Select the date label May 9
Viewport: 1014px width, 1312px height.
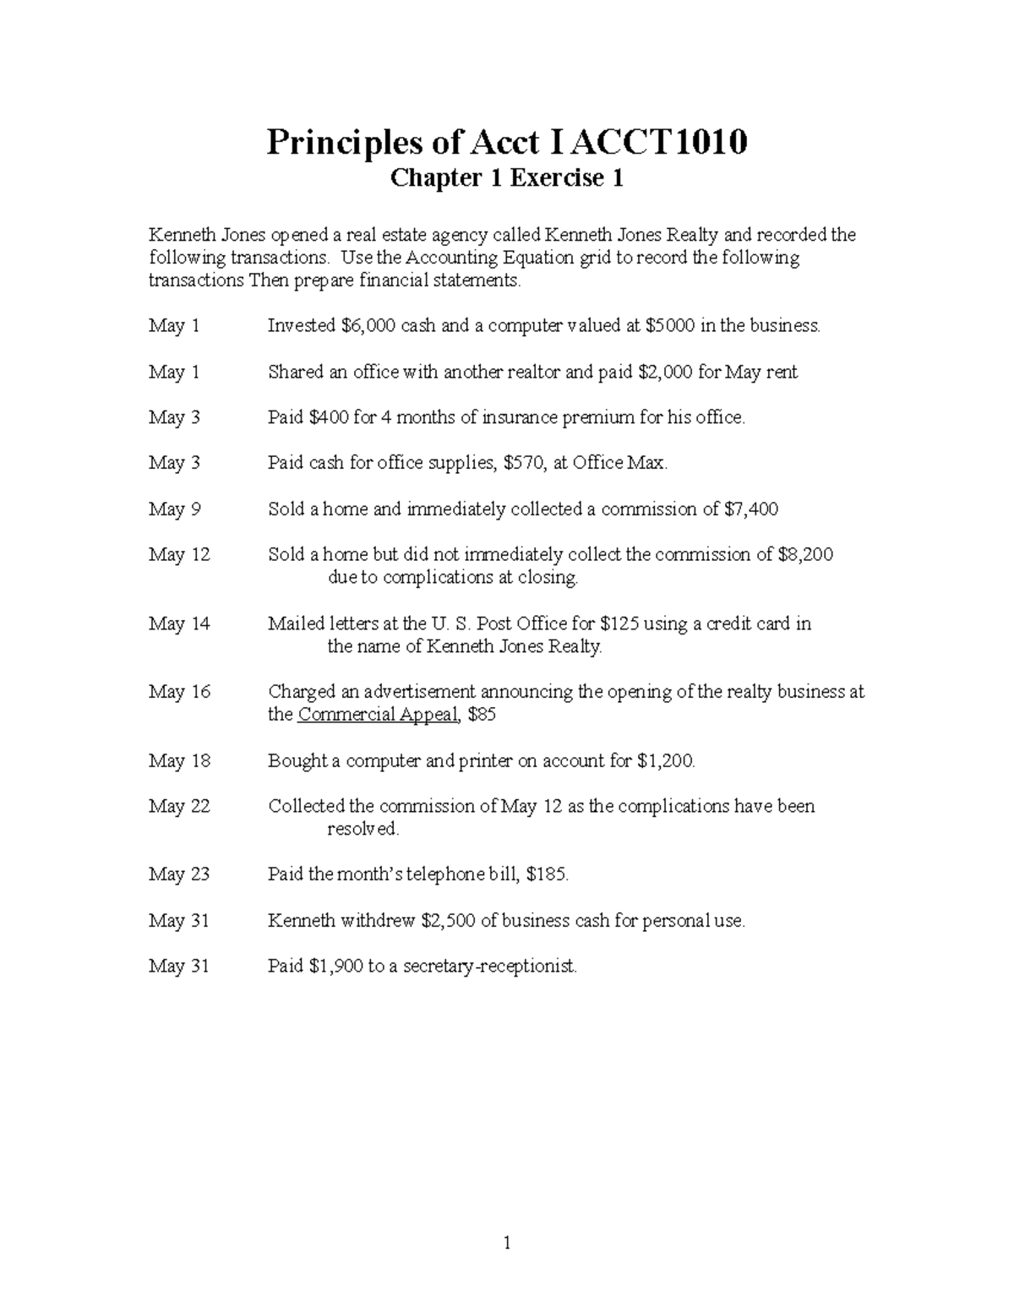point(174,509)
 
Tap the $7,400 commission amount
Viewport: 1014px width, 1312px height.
point(751,509)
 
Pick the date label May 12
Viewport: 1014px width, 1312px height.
point(179,555)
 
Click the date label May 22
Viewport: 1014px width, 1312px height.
point(179,807)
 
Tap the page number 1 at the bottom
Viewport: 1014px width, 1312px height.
point(507,1243)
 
